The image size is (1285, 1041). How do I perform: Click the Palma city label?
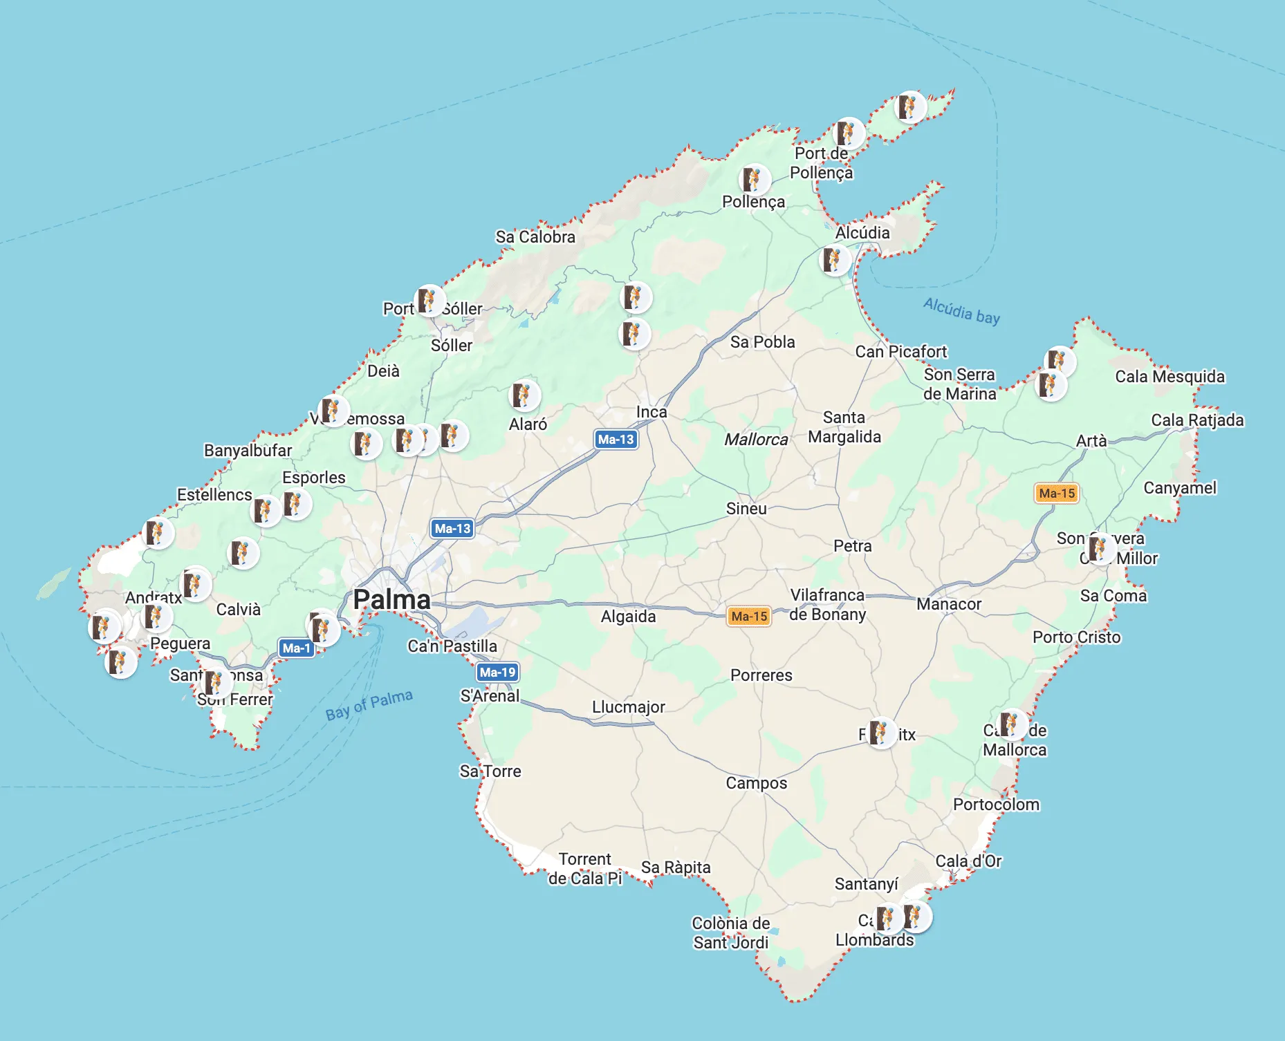click(391, 599)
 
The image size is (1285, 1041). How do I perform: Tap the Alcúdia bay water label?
click(961, 310)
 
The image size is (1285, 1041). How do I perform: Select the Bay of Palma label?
click(369, 704)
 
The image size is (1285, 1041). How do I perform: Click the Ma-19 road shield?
click(497, 672)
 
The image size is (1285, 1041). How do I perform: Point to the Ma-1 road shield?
click(296, 648)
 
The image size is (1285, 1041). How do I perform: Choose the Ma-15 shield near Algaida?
click(749, 616)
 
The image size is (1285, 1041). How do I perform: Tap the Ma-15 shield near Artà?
click(1057, 493)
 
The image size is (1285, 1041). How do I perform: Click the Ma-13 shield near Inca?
click(616, 439)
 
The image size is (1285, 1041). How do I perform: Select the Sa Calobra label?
click(535, 237)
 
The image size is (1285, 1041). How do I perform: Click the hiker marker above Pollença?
click(754, 180)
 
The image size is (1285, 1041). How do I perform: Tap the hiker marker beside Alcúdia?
click(835, 260)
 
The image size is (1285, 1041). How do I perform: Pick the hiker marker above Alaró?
click(524, 395)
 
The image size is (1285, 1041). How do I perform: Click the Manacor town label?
click(948, 604)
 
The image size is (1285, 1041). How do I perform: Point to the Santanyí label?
click(866, 884)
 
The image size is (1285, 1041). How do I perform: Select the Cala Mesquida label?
click(1170, 377)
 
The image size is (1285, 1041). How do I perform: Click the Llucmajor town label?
click(628, 707)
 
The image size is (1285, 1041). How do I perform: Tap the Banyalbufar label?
click(248, 451)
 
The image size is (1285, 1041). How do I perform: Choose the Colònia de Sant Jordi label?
click(730, 933)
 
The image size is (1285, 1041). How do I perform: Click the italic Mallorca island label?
click(756, 440)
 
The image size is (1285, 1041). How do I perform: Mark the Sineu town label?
click(746, 509)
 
